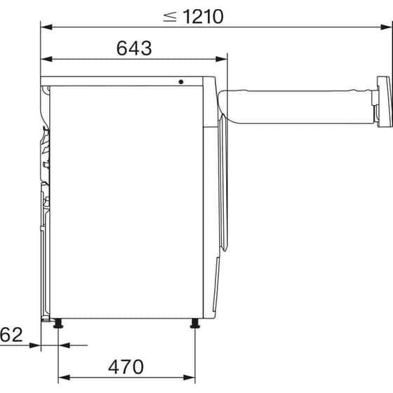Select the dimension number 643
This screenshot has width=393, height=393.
click(x=134, y=48)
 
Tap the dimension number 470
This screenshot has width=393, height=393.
click(x=126, y=366)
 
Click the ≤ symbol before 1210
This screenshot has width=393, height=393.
click(x=170, y=16)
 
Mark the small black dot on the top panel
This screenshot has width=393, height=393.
click(x=181, y=81)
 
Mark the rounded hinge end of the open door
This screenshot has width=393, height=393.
click(x=225, y=98)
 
